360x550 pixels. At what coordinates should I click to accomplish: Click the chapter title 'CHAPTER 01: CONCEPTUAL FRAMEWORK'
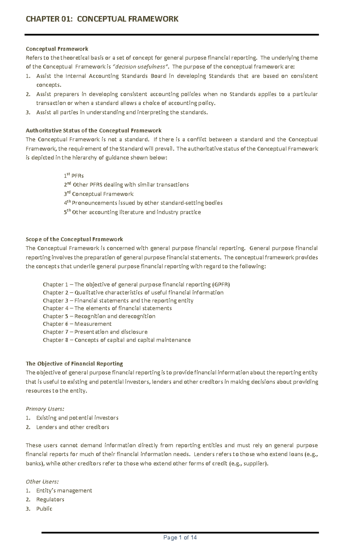pos(102,19)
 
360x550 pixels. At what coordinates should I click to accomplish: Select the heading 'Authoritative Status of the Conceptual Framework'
pos(94,130)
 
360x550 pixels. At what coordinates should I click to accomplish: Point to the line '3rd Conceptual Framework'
pos(99,194)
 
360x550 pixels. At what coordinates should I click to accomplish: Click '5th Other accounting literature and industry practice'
pos(132,212)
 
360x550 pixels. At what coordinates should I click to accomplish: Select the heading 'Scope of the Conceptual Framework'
pos(74,239)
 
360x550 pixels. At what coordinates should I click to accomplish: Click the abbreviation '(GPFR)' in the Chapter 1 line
pos(221,284)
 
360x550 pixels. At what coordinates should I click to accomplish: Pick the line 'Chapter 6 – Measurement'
pos(77,324)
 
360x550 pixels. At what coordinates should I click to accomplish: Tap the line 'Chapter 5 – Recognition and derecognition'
pos(99,316)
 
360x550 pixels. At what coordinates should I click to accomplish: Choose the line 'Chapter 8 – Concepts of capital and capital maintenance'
pos(117,340)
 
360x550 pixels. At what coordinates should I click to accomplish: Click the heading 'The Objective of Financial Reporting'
pos(74,364)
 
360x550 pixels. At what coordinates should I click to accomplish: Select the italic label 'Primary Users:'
pos(45,409)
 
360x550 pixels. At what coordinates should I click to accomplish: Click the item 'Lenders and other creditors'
pos(73,427)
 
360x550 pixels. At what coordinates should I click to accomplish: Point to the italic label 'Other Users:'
pos(42,481)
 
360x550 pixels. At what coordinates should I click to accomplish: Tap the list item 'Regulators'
pos(50,499)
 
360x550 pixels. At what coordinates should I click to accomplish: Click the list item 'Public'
pos(44,509)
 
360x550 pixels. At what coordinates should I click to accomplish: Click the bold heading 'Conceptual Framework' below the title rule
pos(57,49)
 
